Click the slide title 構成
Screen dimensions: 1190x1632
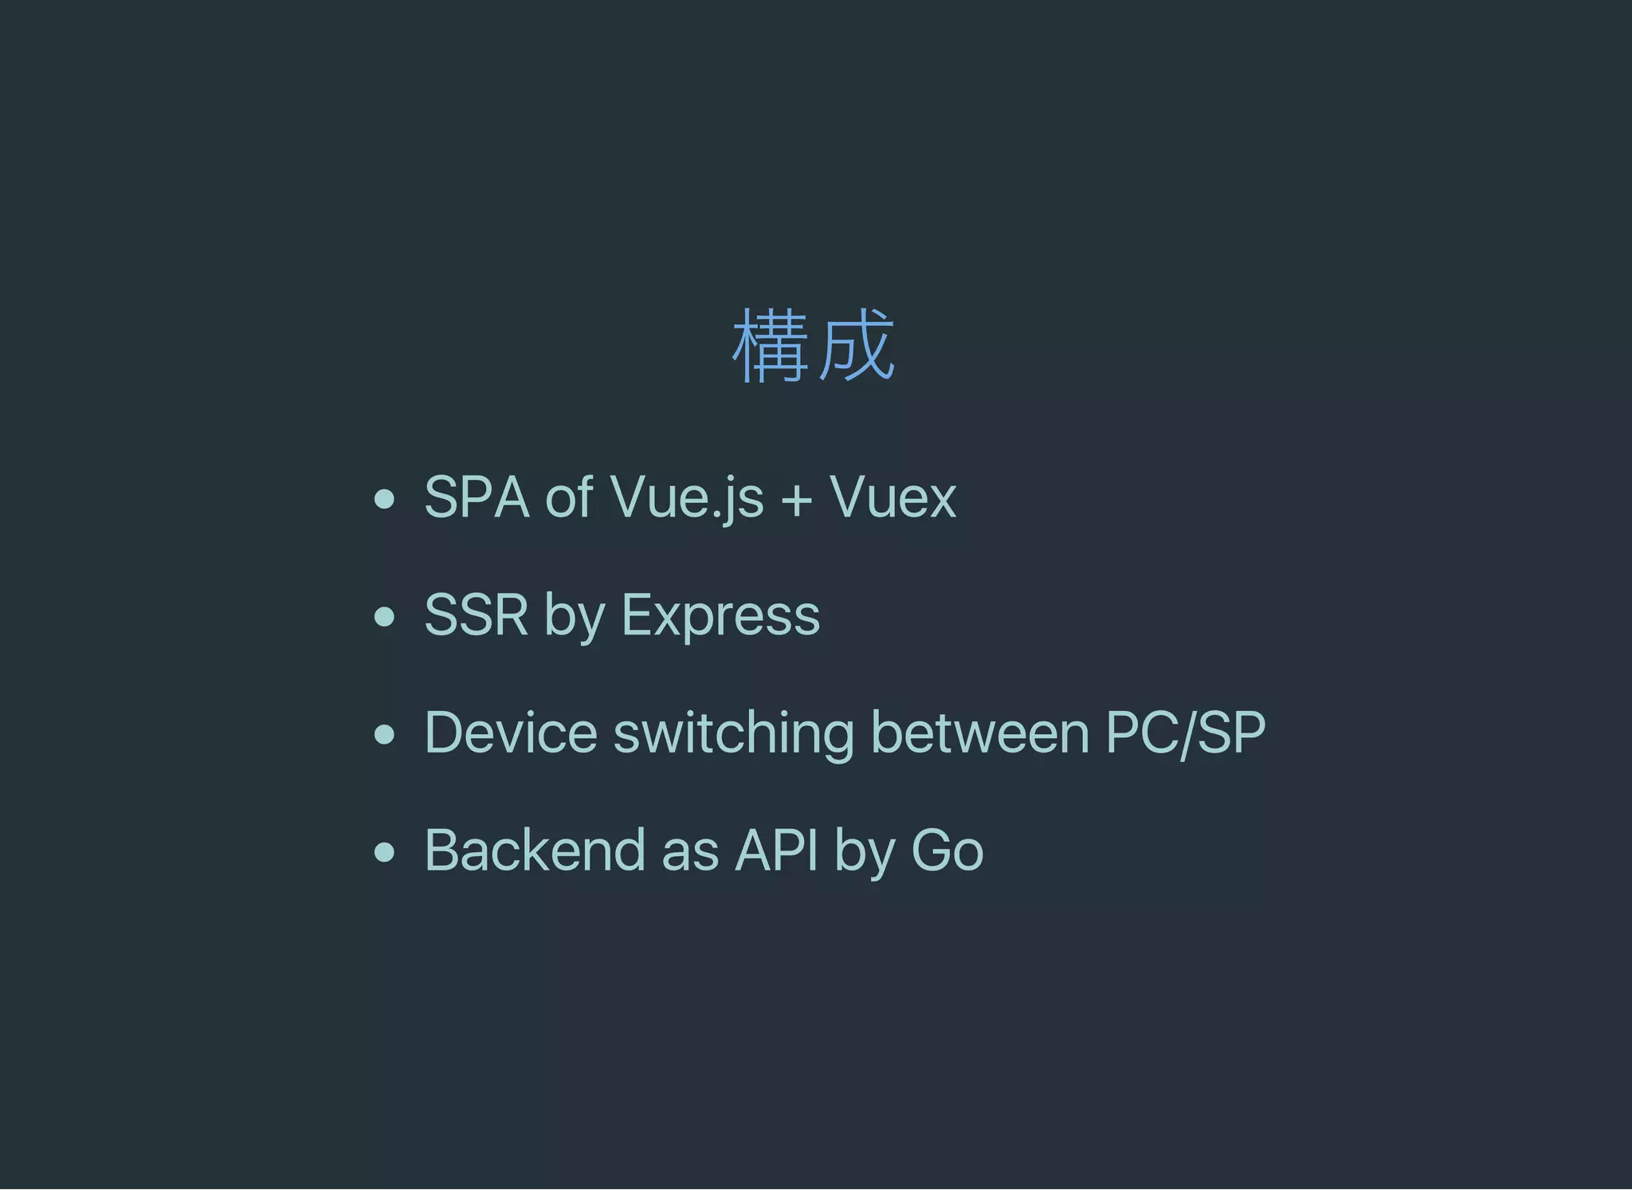[x=814, y=346]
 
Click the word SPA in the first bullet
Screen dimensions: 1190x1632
[x=477, y=498]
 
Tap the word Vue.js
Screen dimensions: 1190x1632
[x=687, y=498]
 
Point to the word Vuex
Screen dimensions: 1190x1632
[x=892, y=498]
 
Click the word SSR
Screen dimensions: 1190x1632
[x=476, y=615]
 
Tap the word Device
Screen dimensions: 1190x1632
[x=511, y=732]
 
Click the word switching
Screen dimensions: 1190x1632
[x=733, y=734]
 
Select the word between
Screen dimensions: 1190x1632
[x=979, y=732]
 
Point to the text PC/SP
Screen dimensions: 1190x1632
[x=1185, y=732]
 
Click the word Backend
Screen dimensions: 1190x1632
[x=534, y=850]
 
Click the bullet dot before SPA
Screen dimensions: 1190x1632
[x=385, y=500]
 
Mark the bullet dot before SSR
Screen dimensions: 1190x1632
[x=385, y=617]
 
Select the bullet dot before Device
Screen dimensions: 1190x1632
[x=385, y=734]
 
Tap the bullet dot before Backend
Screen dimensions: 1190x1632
[x=385, y=852]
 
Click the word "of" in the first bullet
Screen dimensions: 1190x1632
[x=568, y=498]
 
